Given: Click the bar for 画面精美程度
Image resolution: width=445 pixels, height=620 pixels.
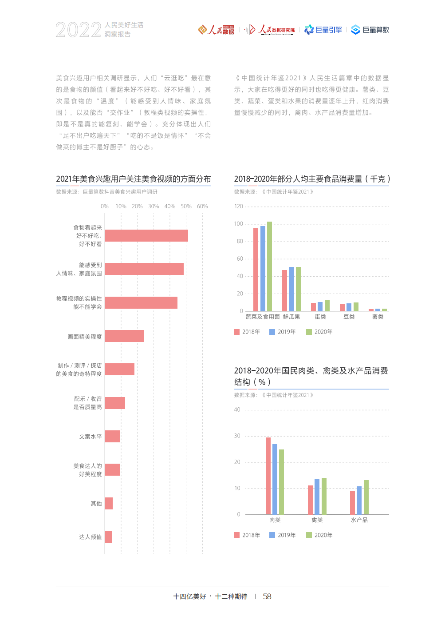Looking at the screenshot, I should (x=124, y=336).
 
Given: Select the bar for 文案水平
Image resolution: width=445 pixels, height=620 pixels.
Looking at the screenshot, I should (x=113, y=437).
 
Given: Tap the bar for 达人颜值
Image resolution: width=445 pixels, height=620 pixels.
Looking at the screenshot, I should (x=109, y=537).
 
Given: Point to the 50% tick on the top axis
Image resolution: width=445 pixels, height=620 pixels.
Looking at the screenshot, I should (x=186, y=207).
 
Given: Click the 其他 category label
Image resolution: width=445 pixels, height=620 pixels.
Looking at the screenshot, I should (x=96, y=504).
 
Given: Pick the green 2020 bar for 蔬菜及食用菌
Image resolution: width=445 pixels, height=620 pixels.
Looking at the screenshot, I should (x=269, y=266).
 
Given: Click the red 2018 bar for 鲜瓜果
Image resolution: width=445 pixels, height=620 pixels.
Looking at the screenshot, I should (x=284, y=290).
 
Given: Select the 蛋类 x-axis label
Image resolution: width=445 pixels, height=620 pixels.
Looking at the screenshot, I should (x=320, y=317).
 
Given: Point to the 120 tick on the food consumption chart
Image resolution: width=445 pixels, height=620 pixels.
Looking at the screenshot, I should (x=239, y=207).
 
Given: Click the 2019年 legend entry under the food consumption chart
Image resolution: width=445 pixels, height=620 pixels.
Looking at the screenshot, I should (x=283, y=332).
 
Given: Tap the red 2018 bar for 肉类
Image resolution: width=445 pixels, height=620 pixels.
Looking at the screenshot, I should (x=268, y=476).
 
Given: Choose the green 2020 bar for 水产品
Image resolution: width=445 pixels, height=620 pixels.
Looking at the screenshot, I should (x=366, y=497).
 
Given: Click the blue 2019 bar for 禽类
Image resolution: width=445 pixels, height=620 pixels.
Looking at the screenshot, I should (x=317, y=497).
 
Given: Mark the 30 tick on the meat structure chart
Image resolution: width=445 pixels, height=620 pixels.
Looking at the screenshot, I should (x=237, y=436).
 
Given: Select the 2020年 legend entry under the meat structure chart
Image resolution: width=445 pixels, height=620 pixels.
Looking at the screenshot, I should (x=319, y=536).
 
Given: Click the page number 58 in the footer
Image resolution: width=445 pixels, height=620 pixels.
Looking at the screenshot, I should (x=267, y=597).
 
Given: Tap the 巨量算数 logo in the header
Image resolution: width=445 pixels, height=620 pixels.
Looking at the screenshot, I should (x=370, y=30).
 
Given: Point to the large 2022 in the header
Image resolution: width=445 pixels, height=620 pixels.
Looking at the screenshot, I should (x=79, y=30).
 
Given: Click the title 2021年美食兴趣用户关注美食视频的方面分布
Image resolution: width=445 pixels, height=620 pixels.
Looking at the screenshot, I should (x=133, y=179).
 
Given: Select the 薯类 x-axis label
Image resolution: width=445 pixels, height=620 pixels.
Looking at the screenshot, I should (x=378, y=317).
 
